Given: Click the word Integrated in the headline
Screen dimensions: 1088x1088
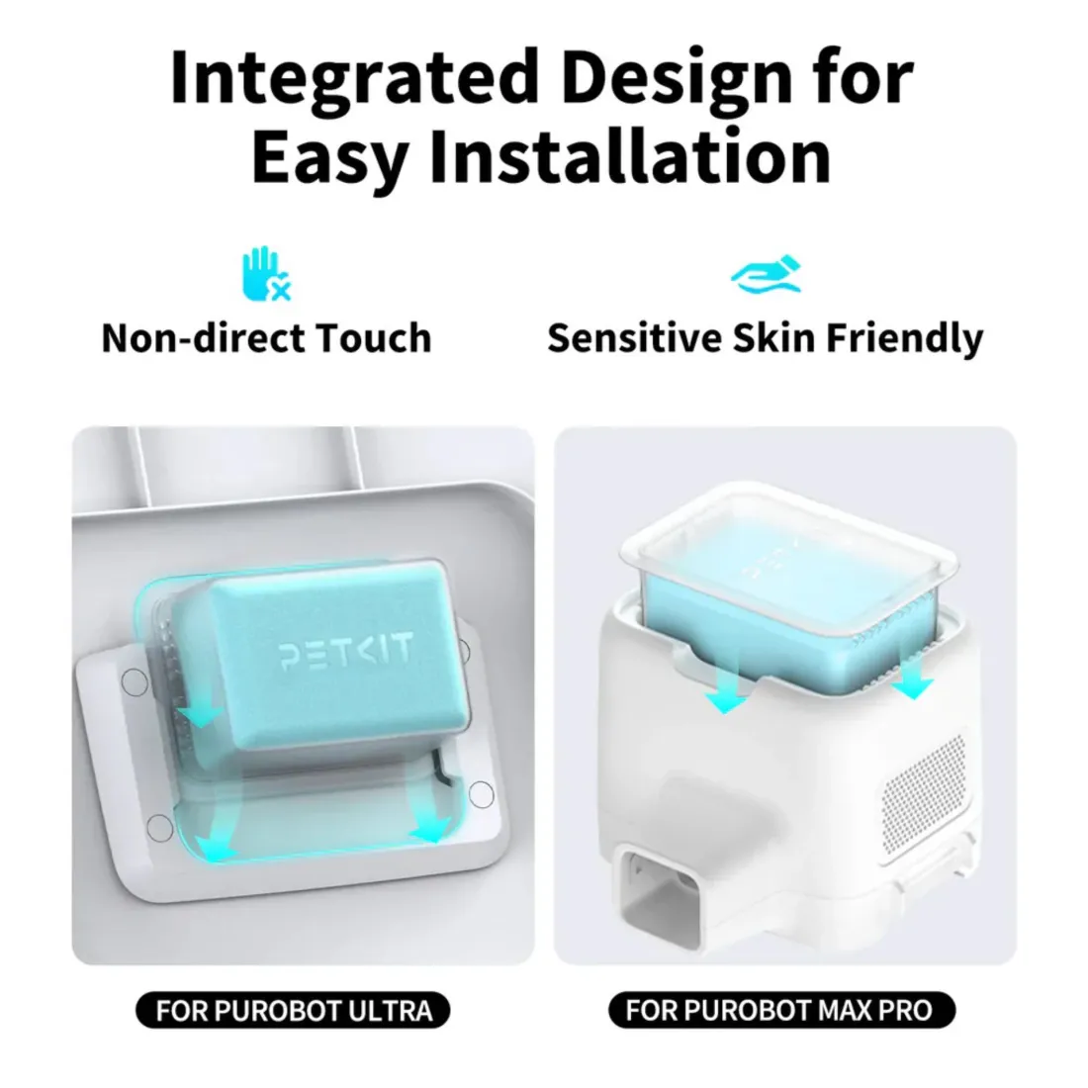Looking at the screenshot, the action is coord(354,78).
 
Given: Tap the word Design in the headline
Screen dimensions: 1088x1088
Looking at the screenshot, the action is coord(677,78).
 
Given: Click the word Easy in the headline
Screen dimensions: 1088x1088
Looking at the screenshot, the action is coord(330,159).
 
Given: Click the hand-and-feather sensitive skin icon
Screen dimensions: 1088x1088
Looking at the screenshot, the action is coord(766,275).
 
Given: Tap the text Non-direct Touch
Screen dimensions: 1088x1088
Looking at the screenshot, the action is coord(267,338).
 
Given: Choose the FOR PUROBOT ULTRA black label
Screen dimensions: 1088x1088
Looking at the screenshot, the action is coord(293,1010).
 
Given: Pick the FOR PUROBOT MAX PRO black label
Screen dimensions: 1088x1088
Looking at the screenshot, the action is coord(781,1010).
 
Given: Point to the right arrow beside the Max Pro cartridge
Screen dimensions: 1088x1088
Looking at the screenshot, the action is coord(911,672).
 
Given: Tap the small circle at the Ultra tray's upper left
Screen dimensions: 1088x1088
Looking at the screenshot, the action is coord(135,682).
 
